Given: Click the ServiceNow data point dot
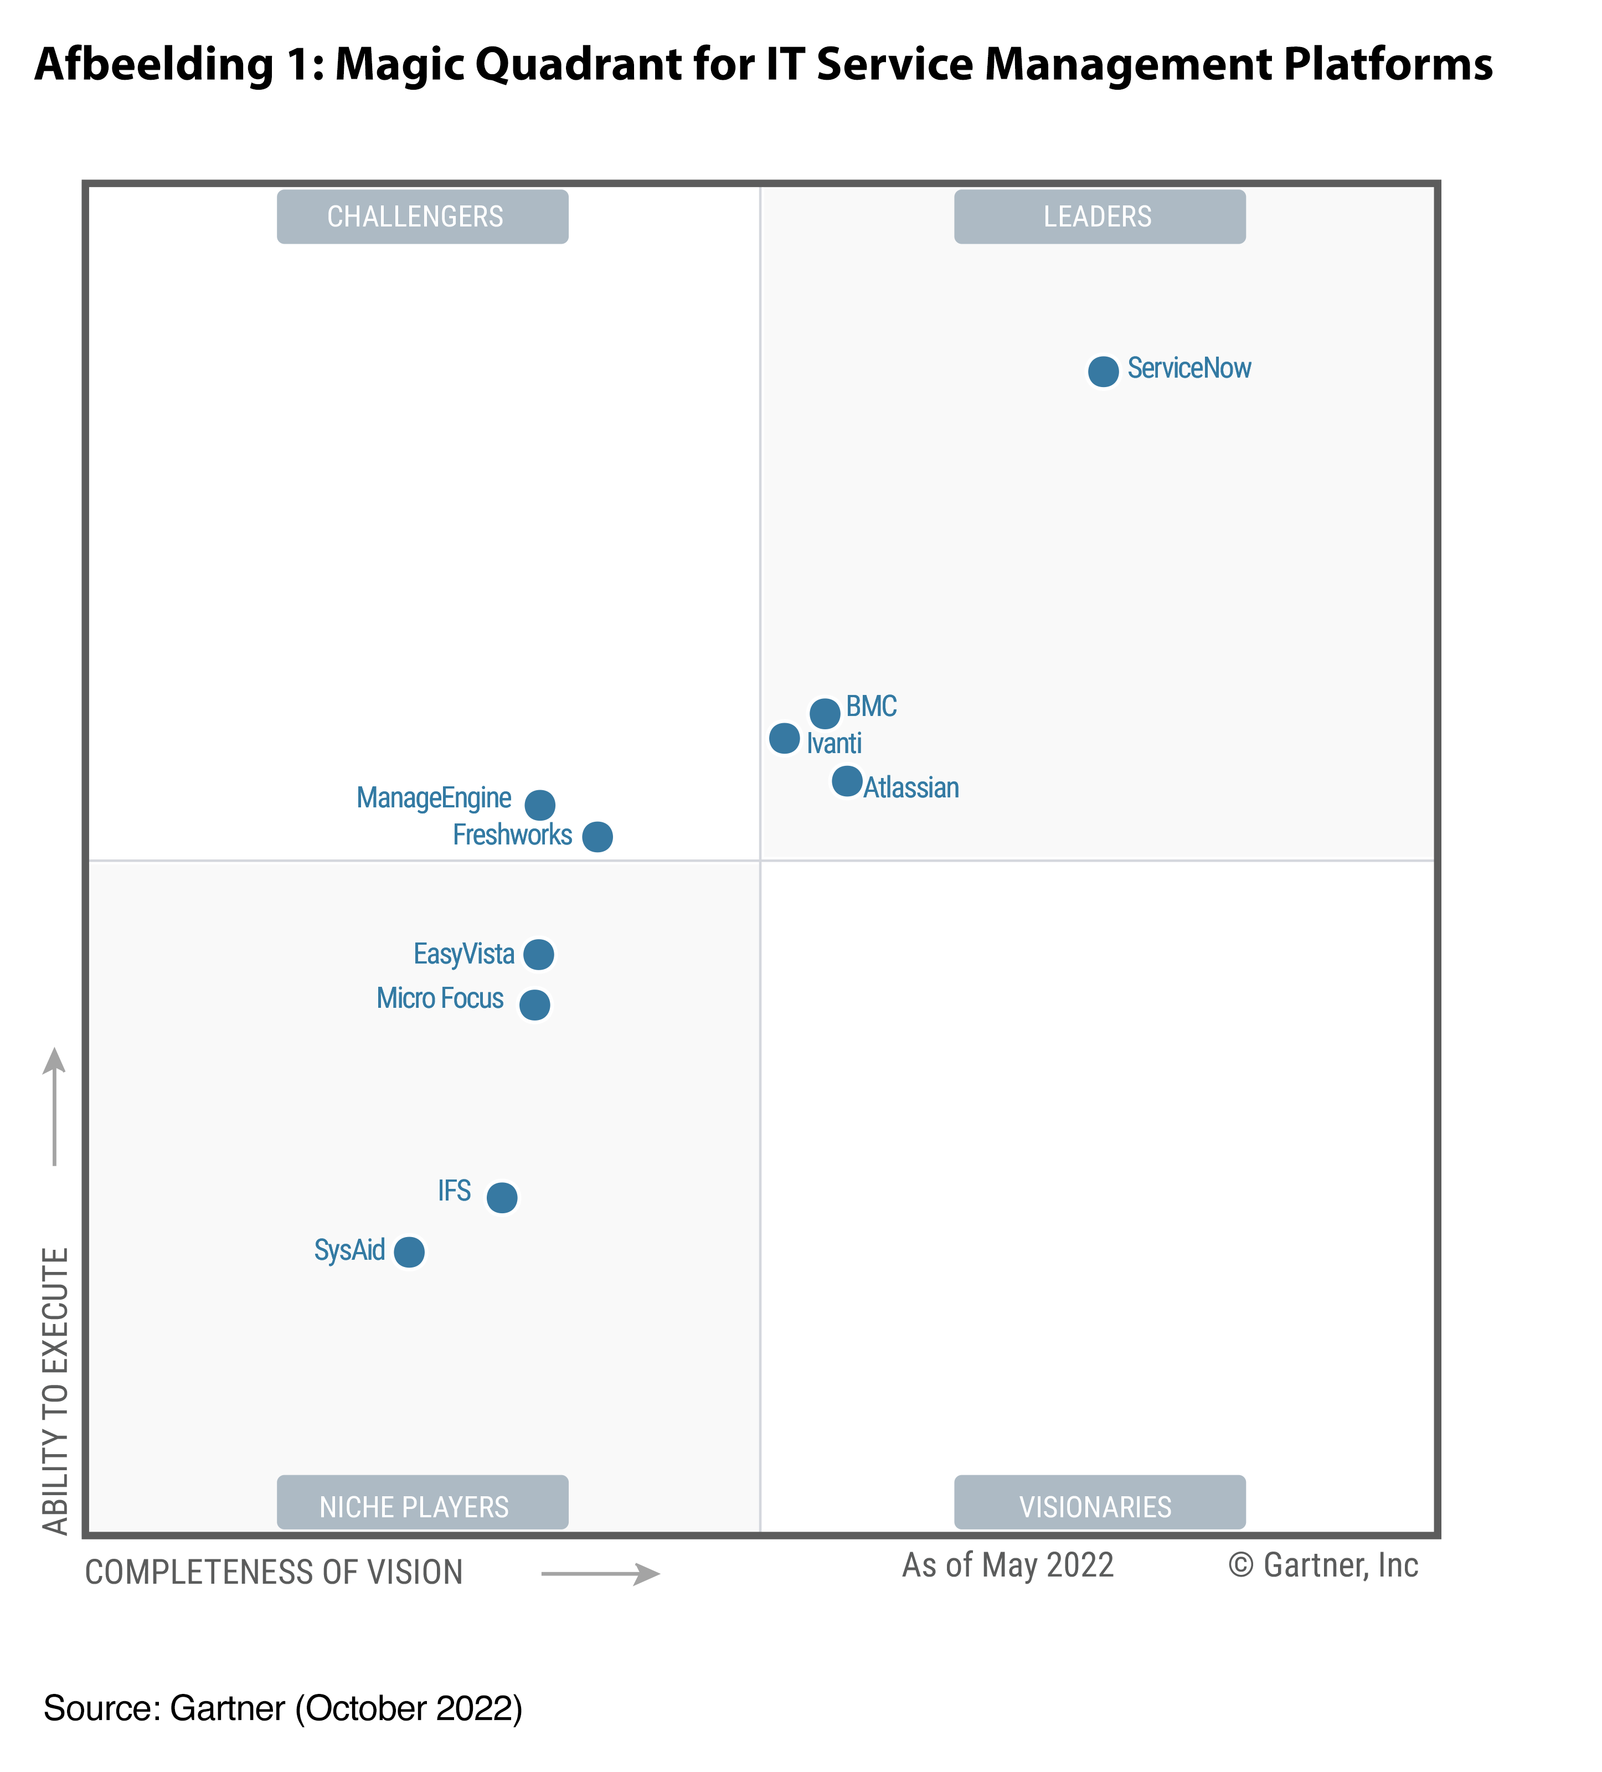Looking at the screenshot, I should pos(1103,371).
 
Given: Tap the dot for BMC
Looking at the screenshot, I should pos(825,713).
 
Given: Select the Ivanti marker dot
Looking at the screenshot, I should pos(784,738).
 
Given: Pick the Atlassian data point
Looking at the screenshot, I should pos(847,781).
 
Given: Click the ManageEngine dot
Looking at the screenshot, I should pos(539,804).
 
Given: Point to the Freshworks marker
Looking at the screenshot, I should pos(597,836).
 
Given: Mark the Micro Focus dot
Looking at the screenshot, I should pos(534,1004).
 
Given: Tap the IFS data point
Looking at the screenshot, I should pos(502,1197).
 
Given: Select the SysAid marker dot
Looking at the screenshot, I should pos(409,1251).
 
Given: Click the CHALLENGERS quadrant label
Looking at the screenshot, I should pos(422,216).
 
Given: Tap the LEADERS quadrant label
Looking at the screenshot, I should pos(1099,216).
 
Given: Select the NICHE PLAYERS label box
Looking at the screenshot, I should pos(422,1506).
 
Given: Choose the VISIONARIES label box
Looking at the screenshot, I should pos(1099,1506).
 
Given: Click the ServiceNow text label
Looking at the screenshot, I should pos(1189,368).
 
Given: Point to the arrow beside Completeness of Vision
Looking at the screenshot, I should pos(600,1573).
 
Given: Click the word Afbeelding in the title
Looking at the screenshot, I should pos(154,65).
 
